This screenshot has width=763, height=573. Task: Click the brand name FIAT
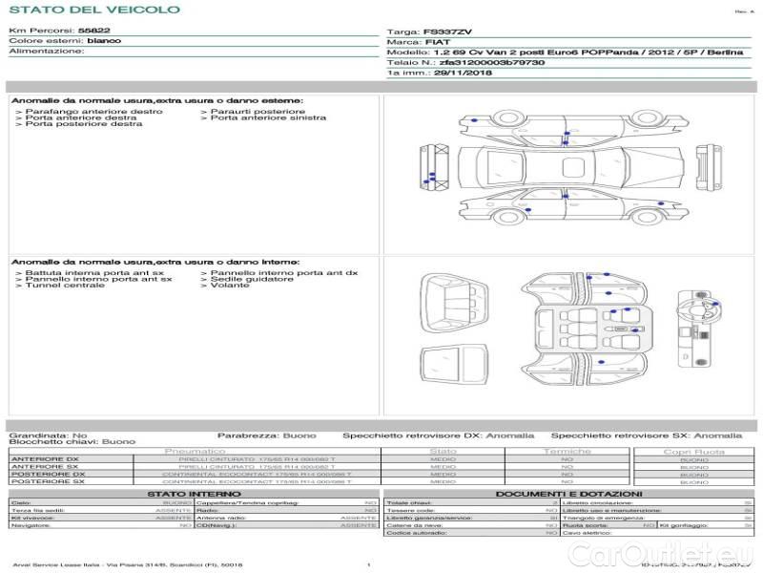pos(437,42)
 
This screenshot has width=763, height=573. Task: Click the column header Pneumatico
pos(195,451)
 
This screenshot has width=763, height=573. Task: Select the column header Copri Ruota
pos(693,452)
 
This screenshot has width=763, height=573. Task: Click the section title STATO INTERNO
pos(195,494)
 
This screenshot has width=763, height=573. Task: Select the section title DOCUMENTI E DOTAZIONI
pos(567,494)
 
